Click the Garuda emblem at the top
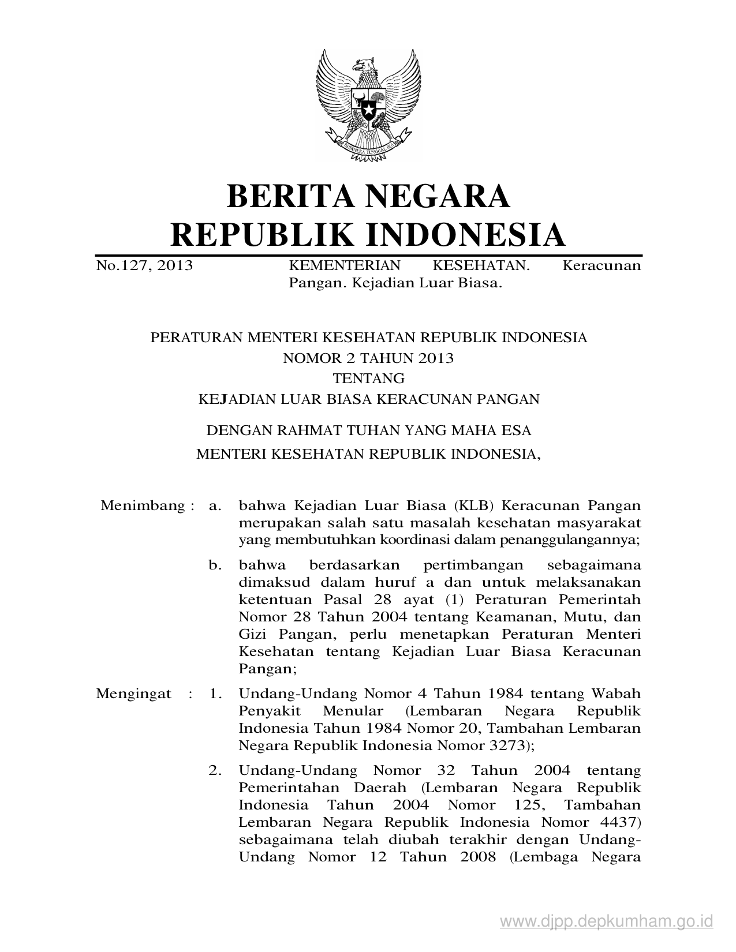(x=368, y=104)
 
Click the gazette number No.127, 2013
(x=144, y=265)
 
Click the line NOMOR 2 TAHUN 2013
(x=368, y=358)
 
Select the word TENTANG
(x=368, y=378)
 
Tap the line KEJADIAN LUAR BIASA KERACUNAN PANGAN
(x=368, y=399)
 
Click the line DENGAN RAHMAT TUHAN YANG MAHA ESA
(x=368, y=430)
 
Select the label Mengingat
(x=133, y=693)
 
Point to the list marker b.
(x=215, y=565)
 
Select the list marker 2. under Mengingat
(x=215, y=770)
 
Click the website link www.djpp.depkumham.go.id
(x=607, y=921)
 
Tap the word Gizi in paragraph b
(x=252, y=634)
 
